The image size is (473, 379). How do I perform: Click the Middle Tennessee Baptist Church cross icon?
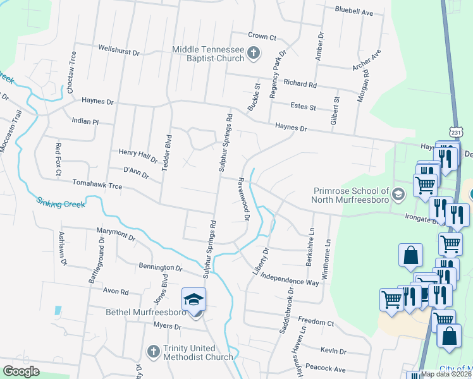pyautogui.click(x=254, y=53)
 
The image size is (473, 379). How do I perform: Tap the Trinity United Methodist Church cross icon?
pyautogui.click(x=153, y=351)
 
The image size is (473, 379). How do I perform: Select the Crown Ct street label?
pyautogui.click(x=262, y=37)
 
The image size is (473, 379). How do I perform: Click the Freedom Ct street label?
pyautogui.click(x=316, y=323)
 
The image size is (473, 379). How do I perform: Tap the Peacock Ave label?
pyautogui.click(x=322, y=369)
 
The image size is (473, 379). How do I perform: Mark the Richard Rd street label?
pyautogui.click(x=300, y=83)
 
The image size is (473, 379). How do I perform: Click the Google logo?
pyautogui.click(x=21, y=371)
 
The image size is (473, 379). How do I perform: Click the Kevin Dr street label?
pyautogui.click(x=333, y=351)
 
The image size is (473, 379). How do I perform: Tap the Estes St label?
pyautogui.click(x=303, y=107)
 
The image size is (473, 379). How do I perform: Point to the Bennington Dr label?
pyautogui.click(x=161, y=268)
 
